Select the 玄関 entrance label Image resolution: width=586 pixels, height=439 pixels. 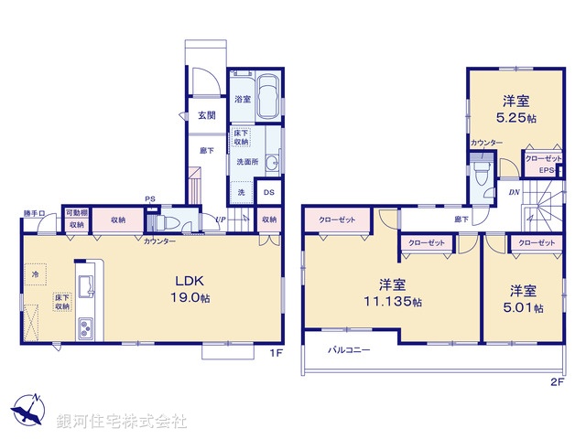click(207, 115)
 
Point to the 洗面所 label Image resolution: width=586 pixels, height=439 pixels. click(247, 162)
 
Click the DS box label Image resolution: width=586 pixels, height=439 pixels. click(269, 193)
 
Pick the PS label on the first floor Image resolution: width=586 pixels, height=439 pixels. click(149, 201)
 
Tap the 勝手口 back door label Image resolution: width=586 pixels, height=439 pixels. click(34, 214)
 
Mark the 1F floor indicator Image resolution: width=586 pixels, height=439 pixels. click(273, 351)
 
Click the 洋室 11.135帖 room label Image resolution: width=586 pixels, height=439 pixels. click(391, 293)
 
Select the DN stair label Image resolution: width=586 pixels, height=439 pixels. click(514, 192)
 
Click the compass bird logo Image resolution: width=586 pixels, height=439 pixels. click(28, 409)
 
